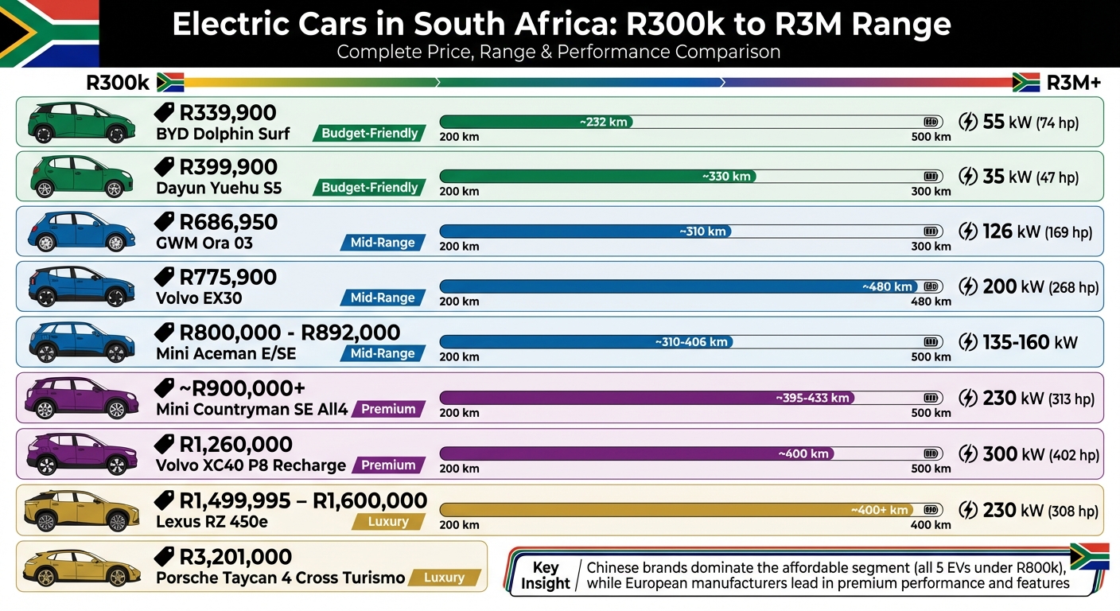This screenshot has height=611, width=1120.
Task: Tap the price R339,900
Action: click(x=227, y=113)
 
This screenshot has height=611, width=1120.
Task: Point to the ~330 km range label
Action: click(x=726, y=177)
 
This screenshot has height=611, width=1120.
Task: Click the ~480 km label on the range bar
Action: click(x=887, y=286)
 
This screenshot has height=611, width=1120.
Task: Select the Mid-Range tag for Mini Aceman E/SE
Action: click(x=383, y=353)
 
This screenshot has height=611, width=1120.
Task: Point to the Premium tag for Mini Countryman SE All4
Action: click(x=388, y=409)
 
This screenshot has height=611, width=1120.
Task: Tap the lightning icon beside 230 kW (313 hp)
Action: click(x=968, y=398)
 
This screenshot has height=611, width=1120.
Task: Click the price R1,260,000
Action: click(x=235, y=445)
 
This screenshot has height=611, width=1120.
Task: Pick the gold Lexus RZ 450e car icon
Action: click(x=76, y=511)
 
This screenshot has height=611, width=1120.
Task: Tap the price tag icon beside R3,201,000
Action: click(x=165, y=556)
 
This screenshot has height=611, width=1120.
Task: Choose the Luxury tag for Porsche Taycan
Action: click(x=444, y=578)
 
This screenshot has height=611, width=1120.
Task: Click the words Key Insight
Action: click(x=545, y=575)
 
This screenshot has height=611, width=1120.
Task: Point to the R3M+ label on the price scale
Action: click(x=1074, y=83)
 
